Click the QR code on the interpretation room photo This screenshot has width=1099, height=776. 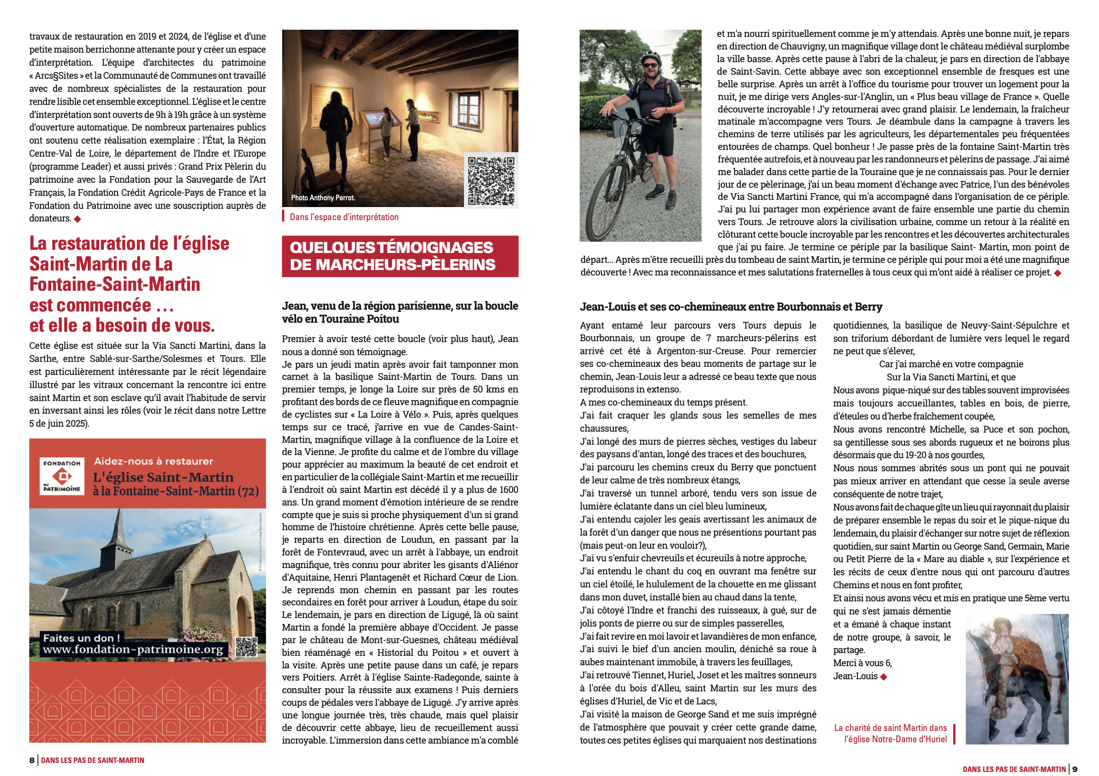coord(491,180)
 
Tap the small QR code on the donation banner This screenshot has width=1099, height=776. coord(247,647)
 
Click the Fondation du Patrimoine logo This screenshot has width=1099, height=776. coord(62,476)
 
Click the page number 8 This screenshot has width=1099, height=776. coord(32,760)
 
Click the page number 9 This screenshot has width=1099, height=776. coord(1075,769)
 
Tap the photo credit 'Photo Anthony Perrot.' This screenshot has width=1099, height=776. coord(323,198)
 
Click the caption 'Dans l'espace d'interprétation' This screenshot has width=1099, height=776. coord(344,217)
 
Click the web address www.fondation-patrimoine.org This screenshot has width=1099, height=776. coord(133,649)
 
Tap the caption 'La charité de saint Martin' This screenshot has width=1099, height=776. coord(890,728)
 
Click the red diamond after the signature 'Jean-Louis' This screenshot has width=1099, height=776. coord(883,677)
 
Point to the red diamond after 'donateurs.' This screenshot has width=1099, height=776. coord(77,219)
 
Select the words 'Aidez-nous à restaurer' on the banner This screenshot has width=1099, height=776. coord(153,461)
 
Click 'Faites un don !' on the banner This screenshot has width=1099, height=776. coord(81,638)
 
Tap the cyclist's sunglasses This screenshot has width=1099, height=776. coord(650,66)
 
